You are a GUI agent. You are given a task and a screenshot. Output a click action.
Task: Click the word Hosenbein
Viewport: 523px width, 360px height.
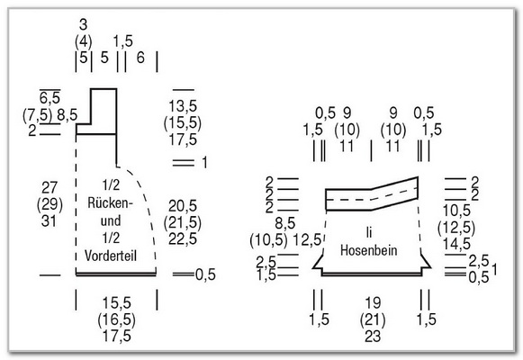click(x=368, y=250)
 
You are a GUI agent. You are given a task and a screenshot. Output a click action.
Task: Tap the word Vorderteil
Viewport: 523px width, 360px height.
click(x=111, y=256)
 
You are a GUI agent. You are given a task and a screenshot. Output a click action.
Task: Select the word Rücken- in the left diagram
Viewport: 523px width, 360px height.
click(x=111, y=202)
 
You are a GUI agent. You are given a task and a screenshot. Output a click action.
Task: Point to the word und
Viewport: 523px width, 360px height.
click(x=111, y=220)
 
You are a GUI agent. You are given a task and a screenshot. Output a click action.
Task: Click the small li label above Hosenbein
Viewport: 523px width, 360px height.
click(x=369, y=233)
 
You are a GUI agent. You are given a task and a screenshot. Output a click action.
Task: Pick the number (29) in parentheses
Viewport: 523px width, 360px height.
click(x=50, y=203)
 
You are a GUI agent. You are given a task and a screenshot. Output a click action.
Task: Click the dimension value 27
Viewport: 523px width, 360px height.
click(x=50, y=187)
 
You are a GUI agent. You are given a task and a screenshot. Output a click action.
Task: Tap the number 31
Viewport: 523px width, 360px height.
click(x=49, y=220)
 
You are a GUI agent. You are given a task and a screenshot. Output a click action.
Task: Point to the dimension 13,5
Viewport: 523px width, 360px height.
click(x=183, y=106)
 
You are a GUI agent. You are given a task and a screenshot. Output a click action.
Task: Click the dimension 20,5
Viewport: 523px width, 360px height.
click(x=183, y=206)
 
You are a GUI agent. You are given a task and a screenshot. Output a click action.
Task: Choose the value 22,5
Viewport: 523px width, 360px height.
click(x=183, y=239)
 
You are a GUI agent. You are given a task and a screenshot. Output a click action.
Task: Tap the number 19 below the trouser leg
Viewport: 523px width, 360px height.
click(x=373, y=303)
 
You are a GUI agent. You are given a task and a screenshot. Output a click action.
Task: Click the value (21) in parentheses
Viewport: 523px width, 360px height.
click(x=373, y=319)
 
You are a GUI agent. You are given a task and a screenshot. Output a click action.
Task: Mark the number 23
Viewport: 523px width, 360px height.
click(x=373, y=336)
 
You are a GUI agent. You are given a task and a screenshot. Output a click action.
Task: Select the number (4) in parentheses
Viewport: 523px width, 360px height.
click(x=84, y=41)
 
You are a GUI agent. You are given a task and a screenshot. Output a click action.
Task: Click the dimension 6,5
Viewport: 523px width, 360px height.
click(x=50, y=98)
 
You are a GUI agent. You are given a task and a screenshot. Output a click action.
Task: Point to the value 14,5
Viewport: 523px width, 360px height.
click(x=457, y=244)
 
